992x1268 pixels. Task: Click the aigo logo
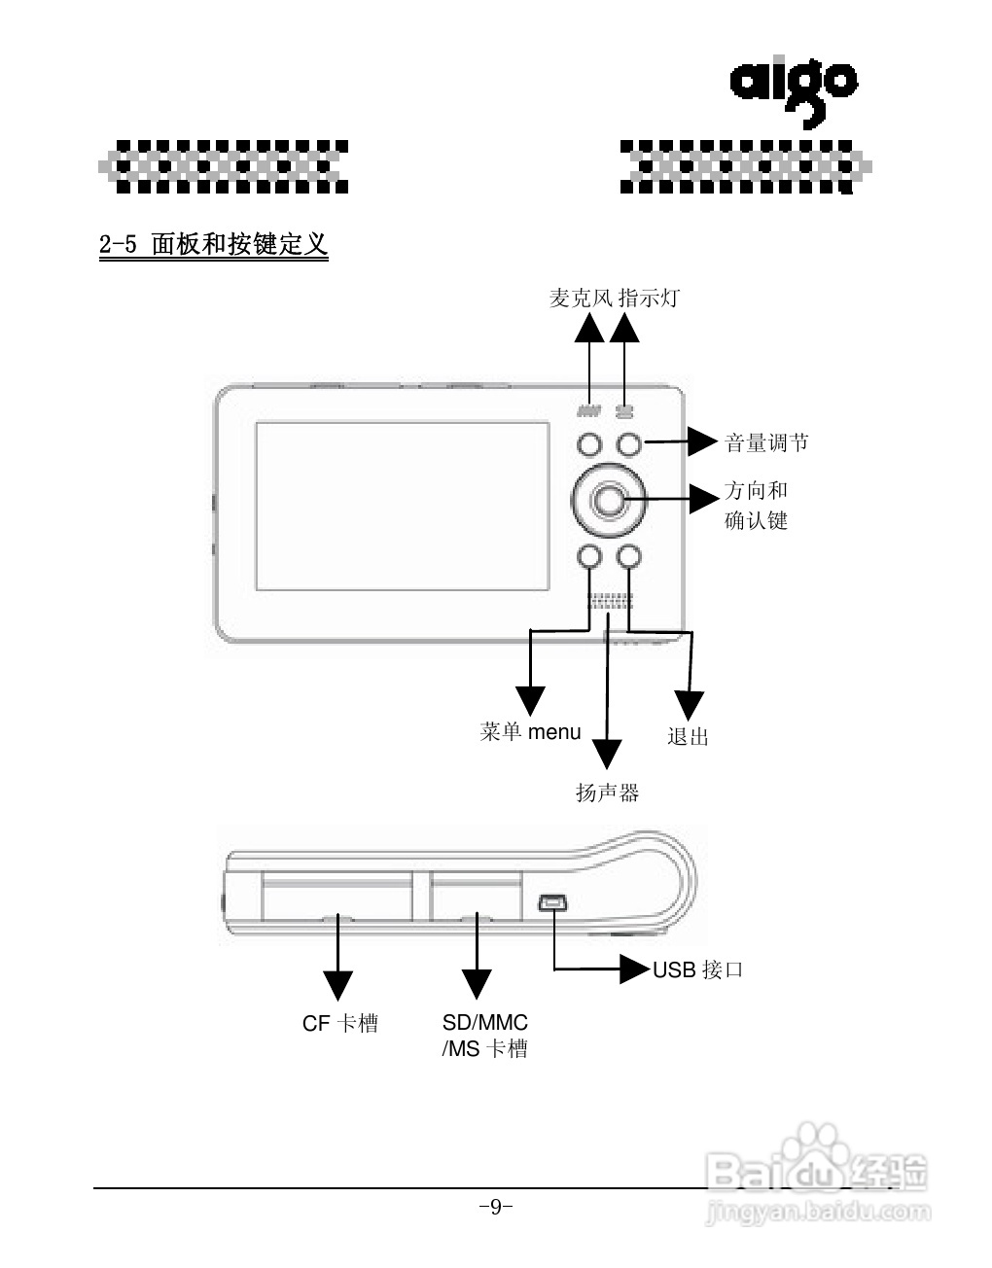[x=793, y=89]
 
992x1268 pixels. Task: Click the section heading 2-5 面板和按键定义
[x=213, y=244]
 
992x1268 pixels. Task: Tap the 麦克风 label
[x=581, y=299]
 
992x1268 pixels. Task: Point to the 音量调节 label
[x=766, y=443]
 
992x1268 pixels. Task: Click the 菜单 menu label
[x=530, y=732]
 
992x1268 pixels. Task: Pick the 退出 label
[x=688, y=737]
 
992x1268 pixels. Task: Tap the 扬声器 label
[x=607, y=793]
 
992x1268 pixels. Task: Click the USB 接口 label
[x=697, y=969]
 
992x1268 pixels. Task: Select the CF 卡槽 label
[x=339, y=1024]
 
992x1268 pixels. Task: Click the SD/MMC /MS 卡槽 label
[x=484, y=1036]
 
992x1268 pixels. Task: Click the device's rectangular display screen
[x=402, y=506]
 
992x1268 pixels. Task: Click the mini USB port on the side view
[x=552, y=903]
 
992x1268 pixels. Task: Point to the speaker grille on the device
[x=610, y=601]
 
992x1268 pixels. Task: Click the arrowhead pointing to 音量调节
[x=702, y=441]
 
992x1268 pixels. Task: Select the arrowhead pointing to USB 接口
[x=635, y=969]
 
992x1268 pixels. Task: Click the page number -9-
[x=496, y=1208]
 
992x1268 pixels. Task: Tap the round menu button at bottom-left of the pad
[x=588, y=555]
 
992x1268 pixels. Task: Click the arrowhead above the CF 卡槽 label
[x=337, y=985]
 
